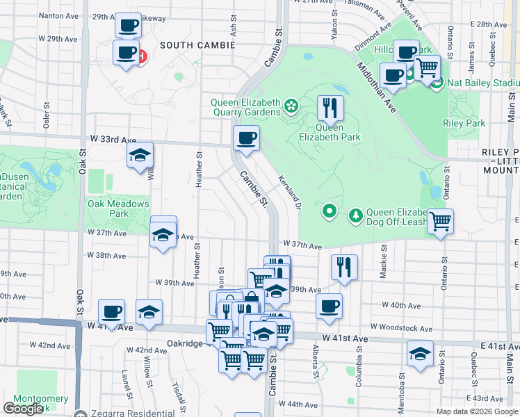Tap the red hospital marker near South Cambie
(142, 56)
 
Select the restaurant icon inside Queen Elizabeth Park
(330, 108)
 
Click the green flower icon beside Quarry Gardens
(291, 107)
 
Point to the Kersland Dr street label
(291, 188)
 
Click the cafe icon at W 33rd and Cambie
(246, 137)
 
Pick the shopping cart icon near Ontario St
(440, 222)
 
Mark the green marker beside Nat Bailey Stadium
(437, 84)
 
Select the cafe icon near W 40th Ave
(329, 306)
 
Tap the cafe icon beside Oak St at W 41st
(111, 311)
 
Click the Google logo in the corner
(23, 408)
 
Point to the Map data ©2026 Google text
(477, 411)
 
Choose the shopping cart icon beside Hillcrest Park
(427, 67)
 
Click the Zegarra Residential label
(122, 413)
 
